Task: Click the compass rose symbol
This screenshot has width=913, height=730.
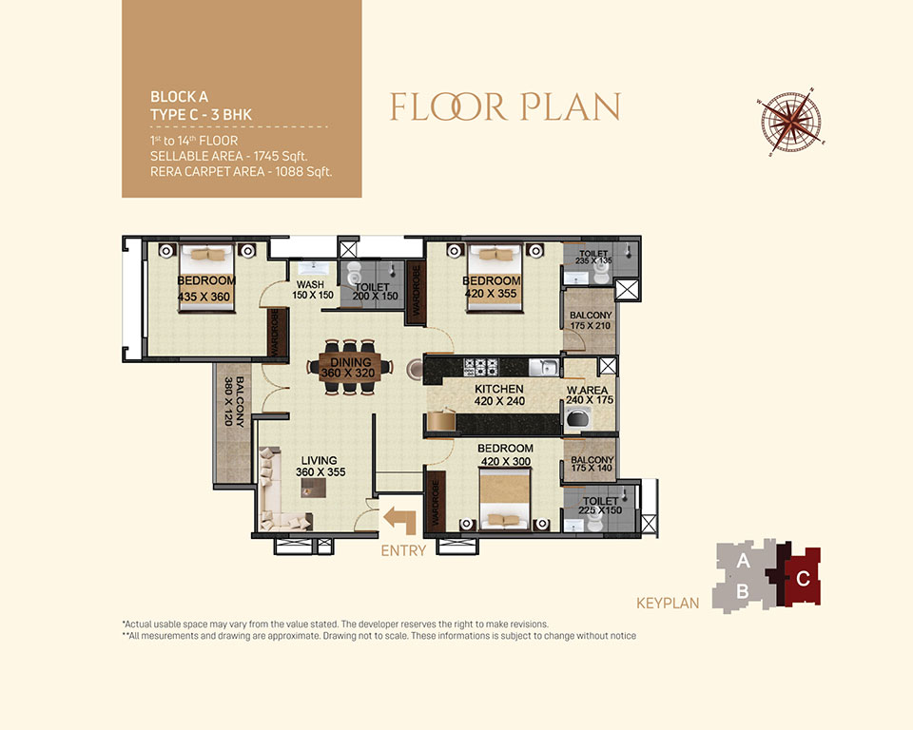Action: [x=791, y=123]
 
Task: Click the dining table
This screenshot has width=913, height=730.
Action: [x=350, y=368]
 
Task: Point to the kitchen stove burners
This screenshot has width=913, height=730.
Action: [x=480, y=367]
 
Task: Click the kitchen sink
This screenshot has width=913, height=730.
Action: [x=544, y=367]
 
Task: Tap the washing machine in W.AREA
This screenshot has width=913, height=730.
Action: [x=577, y=419]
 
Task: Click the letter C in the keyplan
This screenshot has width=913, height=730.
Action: [x=803, y=579]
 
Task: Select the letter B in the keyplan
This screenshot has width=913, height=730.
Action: [x=743, y=591]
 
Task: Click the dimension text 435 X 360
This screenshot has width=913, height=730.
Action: [x=204, y=297]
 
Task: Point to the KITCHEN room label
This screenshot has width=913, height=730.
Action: [x=499, y=389]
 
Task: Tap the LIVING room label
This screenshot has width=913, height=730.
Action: [x=320, y=460]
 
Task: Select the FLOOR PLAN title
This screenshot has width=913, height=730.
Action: [x=505, y=107]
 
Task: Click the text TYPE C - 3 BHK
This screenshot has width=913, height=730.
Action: [x=201, y=115]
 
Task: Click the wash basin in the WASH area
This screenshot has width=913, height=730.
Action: [x=314, y=268]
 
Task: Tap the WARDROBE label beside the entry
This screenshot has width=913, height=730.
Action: [x=435, y=501]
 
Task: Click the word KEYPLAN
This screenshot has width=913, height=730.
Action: [x=668, y=603]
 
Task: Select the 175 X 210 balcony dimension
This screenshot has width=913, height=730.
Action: [x=591, y=326]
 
